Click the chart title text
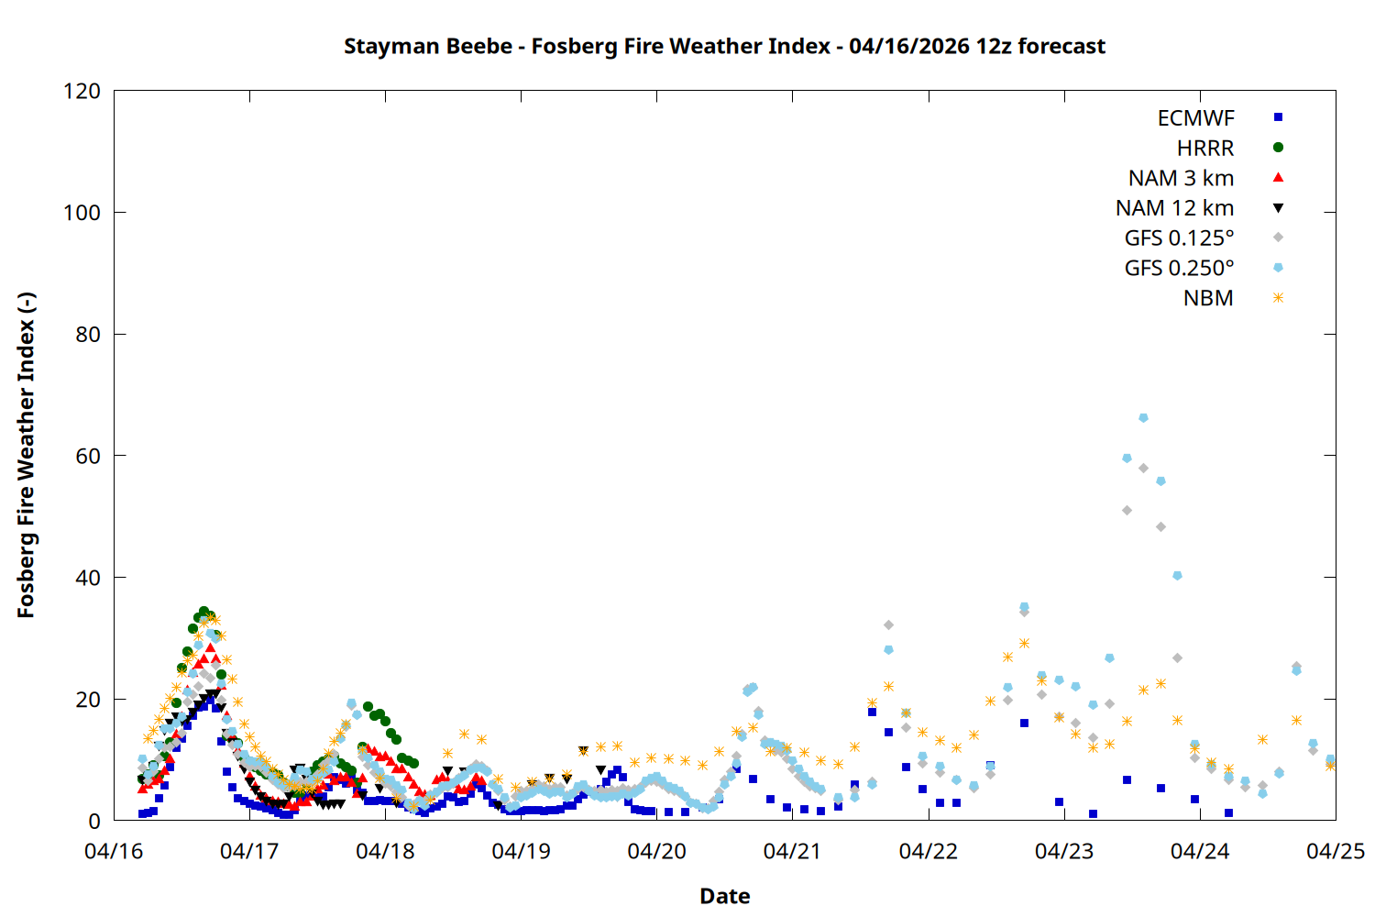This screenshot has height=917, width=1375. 724,47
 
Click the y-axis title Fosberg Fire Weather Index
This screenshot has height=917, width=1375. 26,455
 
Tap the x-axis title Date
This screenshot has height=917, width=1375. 724,896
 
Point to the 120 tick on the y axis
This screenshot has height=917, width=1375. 82,91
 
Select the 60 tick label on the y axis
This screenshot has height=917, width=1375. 88,456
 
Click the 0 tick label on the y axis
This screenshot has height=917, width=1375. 94,821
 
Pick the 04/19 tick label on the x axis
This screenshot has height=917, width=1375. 521,851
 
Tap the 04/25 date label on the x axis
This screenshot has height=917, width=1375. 1335,851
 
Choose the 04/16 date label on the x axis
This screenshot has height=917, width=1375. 114,851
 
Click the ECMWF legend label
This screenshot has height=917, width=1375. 1195,118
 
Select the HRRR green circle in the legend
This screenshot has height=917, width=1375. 1278,148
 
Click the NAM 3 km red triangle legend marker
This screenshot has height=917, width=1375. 1278,177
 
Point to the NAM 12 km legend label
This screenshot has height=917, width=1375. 1174,208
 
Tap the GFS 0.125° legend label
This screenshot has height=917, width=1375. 1179,238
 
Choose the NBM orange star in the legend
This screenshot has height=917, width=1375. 1278,298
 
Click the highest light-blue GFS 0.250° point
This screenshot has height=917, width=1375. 1143,418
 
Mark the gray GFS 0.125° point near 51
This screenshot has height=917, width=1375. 1127,510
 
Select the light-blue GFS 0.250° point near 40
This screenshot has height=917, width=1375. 1177,576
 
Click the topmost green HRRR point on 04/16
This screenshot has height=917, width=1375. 203,612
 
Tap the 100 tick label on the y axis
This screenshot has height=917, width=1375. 82,213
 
